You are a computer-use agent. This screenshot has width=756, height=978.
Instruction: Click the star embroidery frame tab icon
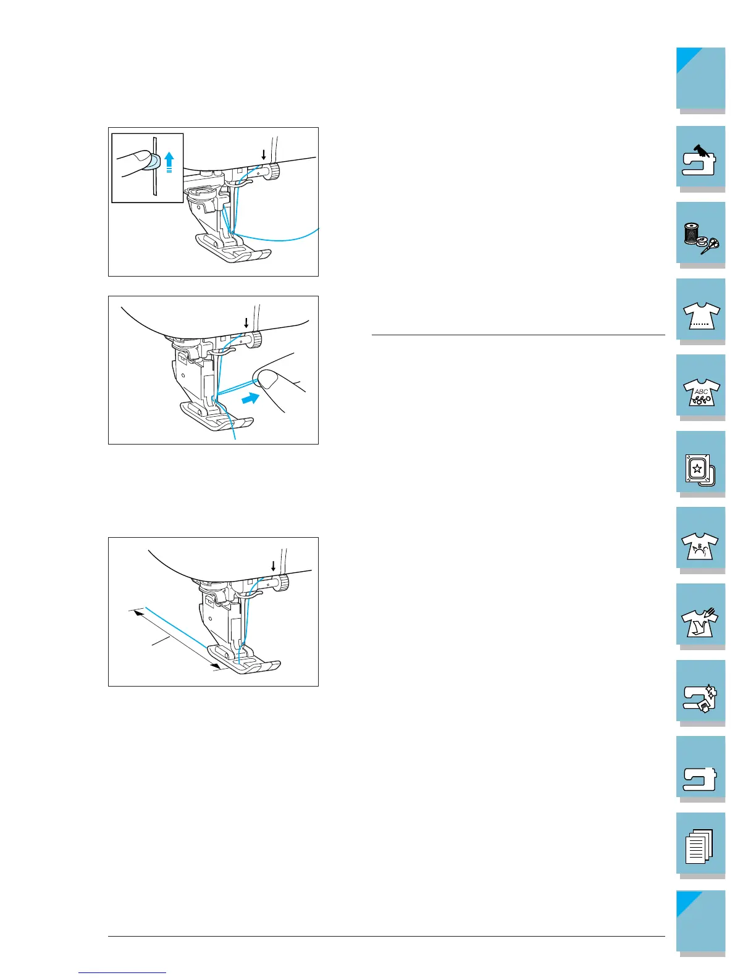click(700, 462)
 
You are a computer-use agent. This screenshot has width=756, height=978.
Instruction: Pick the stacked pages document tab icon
click(700, 844)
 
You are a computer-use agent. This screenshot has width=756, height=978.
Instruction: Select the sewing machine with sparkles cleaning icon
click(700, 692)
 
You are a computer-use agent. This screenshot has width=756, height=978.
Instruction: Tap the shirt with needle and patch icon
click(700, 615)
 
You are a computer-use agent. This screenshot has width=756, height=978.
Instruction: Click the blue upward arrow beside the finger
click(170, 161)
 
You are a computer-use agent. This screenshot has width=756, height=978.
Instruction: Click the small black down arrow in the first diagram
click(264, 154)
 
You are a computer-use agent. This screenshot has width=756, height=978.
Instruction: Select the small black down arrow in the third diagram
click(273, 565)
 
